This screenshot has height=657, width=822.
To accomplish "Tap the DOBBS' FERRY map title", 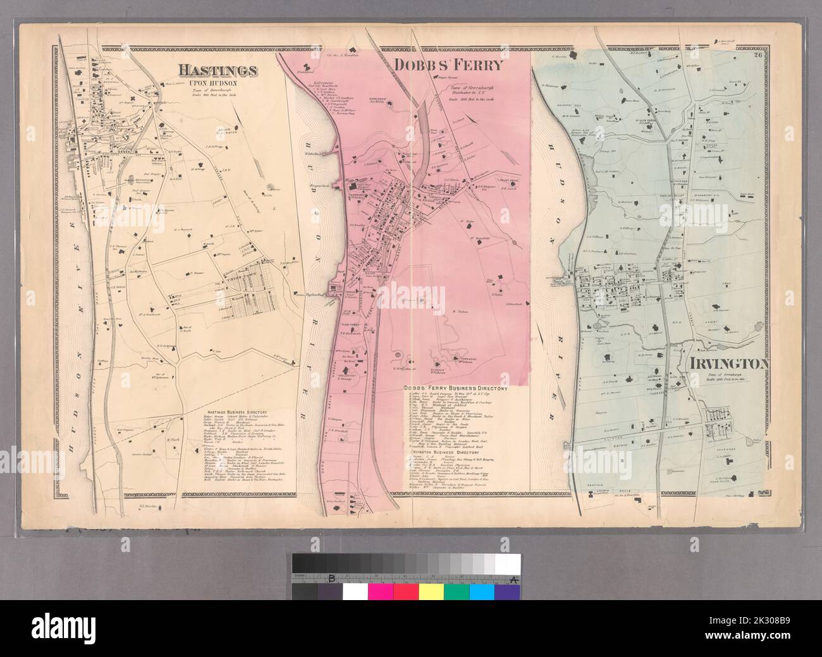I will point(448,64).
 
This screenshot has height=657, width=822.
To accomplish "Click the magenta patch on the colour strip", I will point(380,591).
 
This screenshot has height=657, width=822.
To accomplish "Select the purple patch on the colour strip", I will point(506,591).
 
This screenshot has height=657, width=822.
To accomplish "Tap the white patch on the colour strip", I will point(355,591).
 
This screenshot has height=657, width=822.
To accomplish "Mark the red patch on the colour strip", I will point(405,591).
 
